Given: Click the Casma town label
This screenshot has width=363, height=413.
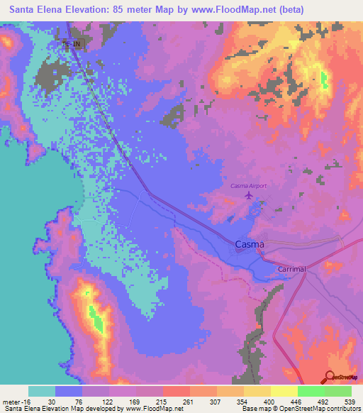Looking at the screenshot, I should point(249,245).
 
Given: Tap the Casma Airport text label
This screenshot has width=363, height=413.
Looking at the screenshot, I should point(249,186).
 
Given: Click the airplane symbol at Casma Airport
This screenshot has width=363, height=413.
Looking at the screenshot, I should point(248,194).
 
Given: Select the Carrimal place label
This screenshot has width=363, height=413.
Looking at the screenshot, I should point(291,270).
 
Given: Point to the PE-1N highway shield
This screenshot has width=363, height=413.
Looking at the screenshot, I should point(71,45).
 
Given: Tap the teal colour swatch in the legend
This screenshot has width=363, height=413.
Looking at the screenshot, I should point(42,392).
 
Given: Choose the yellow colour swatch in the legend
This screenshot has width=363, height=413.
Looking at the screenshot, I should point(284,392).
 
